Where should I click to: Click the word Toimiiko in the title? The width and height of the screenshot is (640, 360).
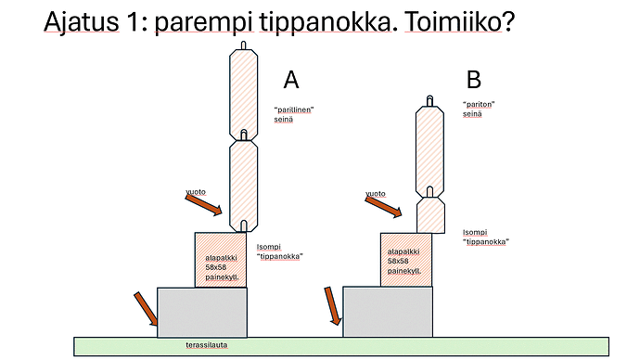pos(453,21)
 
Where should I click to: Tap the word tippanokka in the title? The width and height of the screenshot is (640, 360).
pos(325,23)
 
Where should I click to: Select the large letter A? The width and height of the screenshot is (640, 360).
pos(291,80)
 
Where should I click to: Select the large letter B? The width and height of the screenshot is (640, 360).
pos(473,80)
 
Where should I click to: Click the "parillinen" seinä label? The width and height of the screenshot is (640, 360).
pos(293,114)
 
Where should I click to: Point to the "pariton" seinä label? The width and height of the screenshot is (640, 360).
pos(479,109)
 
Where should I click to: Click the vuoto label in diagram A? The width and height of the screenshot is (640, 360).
pos(196,192)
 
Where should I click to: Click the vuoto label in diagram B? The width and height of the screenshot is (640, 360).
pos(375,194)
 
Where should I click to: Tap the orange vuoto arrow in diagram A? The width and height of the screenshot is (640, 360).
pos(204,204)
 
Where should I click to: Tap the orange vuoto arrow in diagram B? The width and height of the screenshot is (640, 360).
pos(383,207)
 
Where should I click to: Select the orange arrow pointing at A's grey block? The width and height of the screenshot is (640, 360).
pos(146,309)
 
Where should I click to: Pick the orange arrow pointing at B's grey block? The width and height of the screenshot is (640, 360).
pos(332,306)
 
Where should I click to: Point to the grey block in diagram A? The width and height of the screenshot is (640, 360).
pos(202,313)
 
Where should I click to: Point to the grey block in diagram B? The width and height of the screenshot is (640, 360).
pos(388,312)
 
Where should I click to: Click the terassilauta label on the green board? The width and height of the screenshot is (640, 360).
pos(207,345)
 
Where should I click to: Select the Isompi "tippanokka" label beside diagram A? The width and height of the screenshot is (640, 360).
pos(279,251)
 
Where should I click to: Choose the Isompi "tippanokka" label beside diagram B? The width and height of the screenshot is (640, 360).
pos(486,238)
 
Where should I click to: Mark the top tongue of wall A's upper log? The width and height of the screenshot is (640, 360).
pos(243,45)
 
